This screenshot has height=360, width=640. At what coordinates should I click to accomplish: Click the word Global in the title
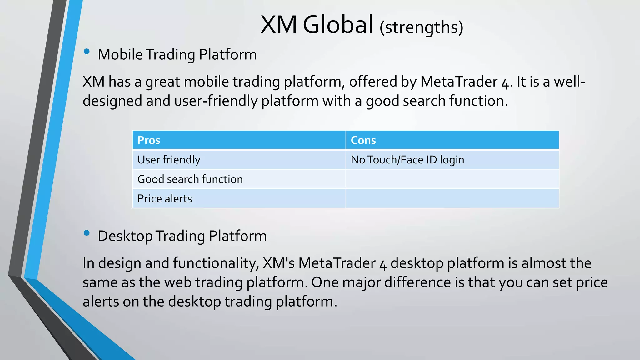click(x=338, y=25)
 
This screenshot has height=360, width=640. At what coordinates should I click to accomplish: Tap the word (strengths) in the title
click(x=421, y=27)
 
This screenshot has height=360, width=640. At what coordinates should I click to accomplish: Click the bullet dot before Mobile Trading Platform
click(x=87, y=52)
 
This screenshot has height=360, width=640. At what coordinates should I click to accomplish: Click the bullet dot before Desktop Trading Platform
click(x=87, y=233)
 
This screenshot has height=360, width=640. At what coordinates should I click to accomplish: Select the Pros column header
click(x=239, y=140)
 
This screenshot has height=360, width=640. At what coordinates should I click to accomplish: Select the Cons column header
click(x=452, y=140)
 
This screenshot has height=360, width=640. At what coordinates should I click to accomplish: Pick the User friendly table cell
click(x=239, y=160)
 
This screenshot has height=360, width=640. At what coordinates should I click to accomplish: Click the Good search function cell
click(x=239, y=179)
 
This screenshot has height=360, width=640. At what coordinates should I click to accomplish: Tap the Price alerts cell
click(x=239, y=198)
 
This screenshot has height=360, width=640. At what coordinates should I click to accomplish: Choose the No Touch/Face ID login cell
click(x=452, y=160)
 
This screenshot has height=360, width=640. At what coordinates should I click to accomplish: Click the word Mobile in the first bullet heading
click(x=120, y=55)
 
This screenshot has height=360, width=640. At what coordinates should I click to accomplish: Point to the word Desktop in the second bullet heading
click(x=125, y=236)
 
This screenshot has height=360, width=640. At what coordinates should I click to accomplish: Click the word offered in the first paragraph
click(x=373, y=82)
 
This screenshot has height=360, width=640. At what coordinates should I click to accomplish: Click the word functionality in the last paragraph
click(x=215, y=263)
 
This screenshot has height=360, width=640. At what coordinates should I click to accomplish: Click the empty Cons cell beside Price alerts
click(x=452, y=198)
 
